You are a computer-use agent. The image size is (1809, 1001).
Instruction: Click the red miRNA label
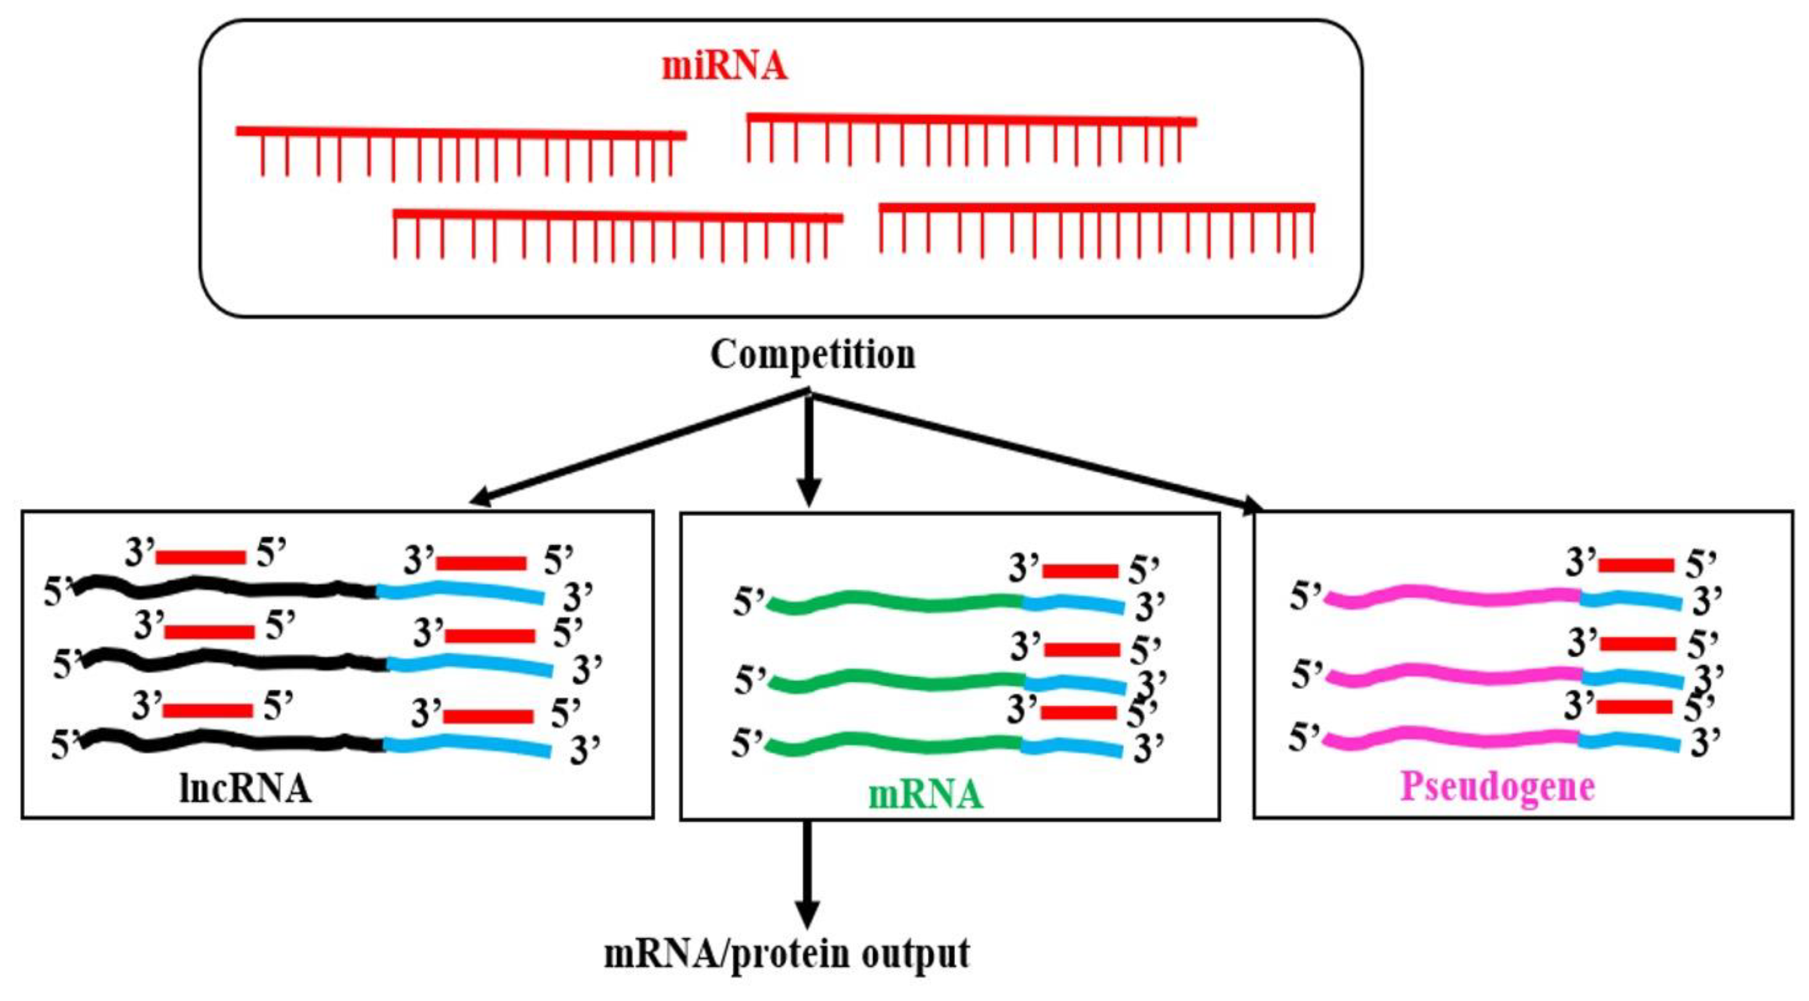click(x=724, y=67)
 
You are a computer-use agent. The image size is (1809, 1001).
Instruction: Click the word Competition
click(x=813, y=355)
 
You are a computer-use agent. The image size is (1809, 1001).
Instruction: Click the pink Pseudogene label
click(x=1497, y=787)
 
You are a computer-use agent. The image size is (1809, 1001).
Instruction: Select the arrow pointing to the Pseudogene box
click(x=1039, y=453)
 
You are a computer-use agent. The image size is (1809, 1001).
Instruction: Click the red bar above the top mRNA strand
click(x=1080, y=570)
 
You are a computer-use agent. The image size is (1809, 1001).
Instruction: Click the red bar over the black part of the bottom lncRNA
click(x=207, y=710)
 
